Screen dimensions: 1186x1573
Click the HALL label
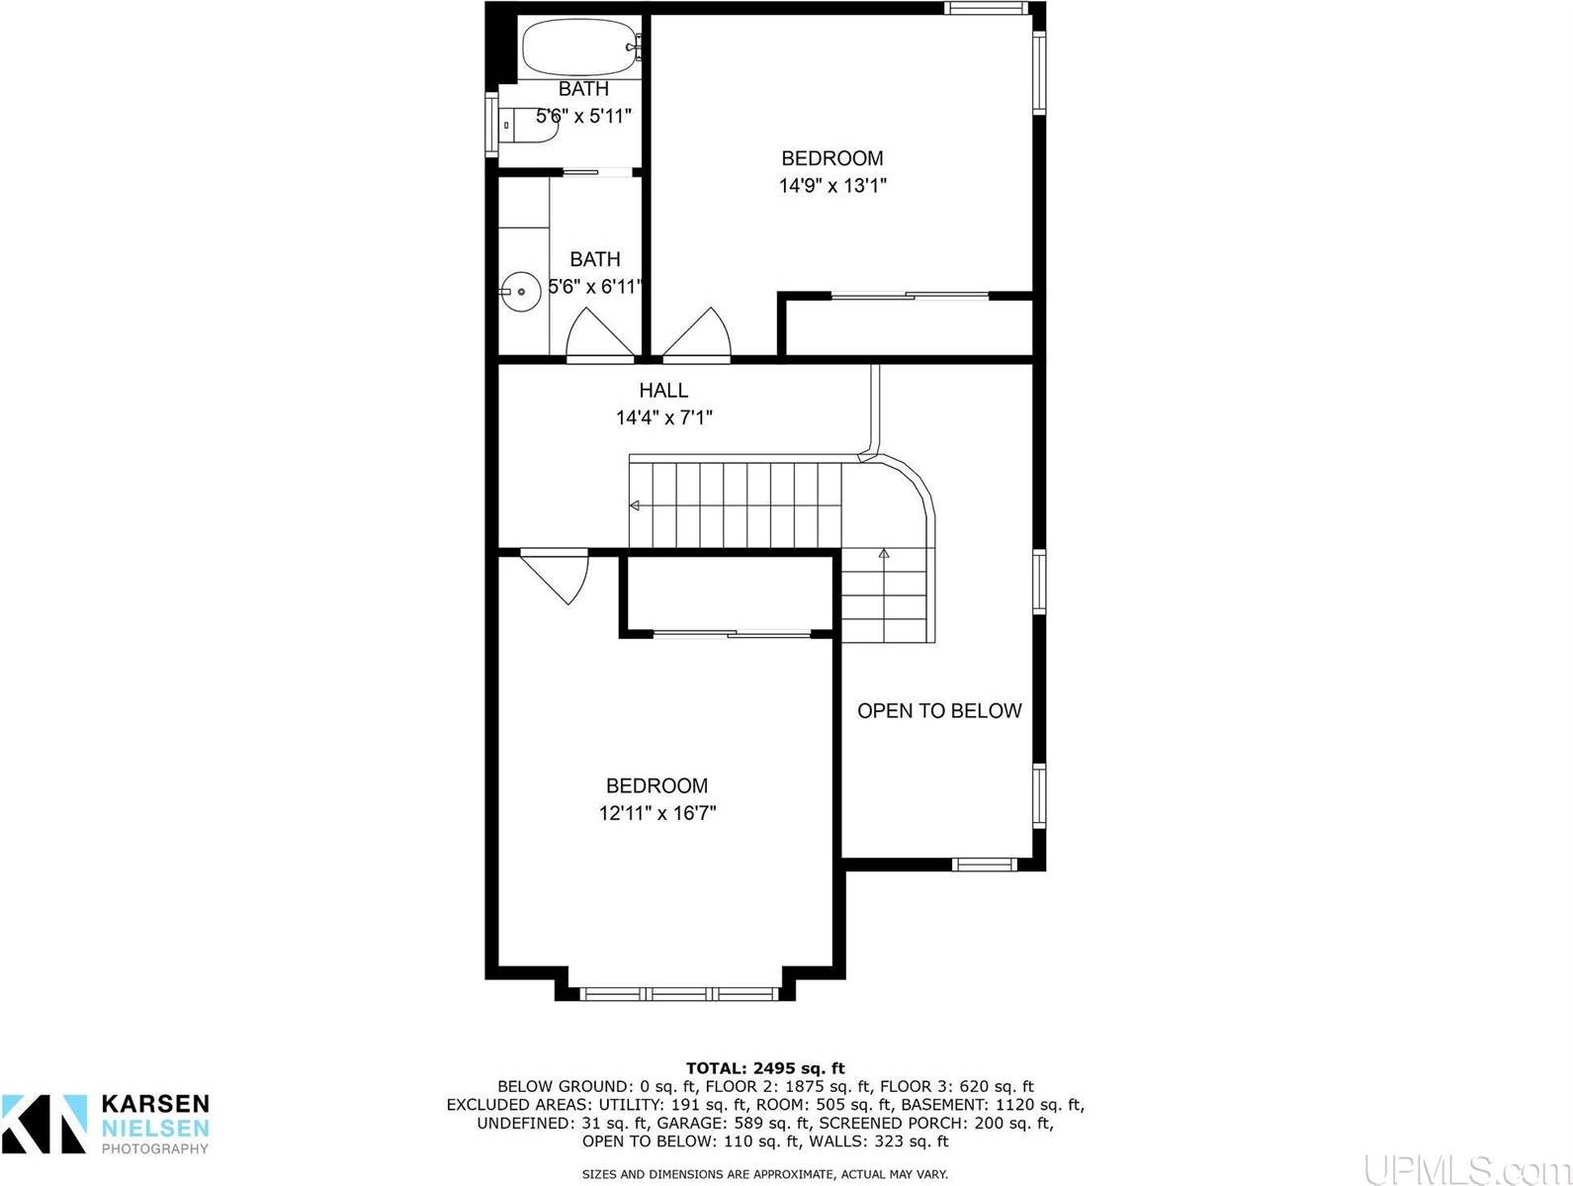663,391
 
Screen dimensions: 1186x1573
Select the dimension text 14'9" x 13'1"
832,185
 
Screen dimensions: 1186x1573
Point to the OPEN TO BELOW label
938,710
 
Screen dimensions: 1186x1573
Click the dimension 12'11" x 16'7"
656,813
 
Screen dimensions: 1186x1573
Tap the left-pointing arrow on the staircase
635,505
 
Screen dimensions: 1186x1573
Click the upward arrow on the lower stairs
884,555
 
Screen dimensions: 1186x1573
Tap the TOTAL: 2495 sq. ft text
765,1067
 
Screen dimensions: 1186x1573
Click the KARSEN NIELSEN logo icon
44,1123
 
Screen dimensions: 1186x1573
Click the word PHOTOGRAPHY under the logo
155,1149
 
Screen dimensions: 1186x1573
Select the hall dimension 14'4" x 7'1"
663,418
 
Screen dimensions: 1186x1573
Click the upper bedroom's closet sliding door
910,295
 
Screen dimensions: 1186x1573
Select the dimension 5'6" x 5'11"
583,116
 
